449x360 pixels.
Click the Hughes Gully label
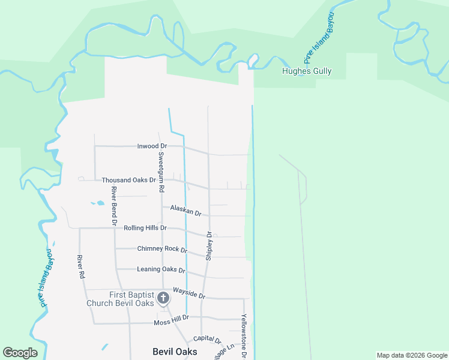pos(307,71)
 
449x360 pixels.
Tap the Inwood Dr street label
pos(152,146)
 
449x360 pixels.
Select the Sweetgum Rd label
pos(161,171)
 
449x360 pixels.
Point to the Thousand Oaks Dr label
pos(128,180)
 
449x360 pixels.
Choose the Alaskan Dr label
pos(185,210)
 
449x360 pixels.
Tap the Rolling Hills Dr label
pos(145,228)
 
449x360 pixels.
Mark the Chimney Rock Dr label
pos(162,249)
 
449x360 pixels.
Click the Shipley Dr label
pos(209,245)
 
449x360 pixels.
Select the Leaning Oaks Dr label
pos(161,270)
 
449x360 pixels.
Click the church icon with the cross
pos(163,298)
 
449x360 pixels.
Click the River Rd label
pos(80,267)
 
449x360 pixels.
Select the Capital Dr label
pos(207,340)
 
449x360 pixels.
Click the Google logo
pos(20,353)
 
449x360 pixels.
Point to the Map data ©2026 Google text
pos(412,355)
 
